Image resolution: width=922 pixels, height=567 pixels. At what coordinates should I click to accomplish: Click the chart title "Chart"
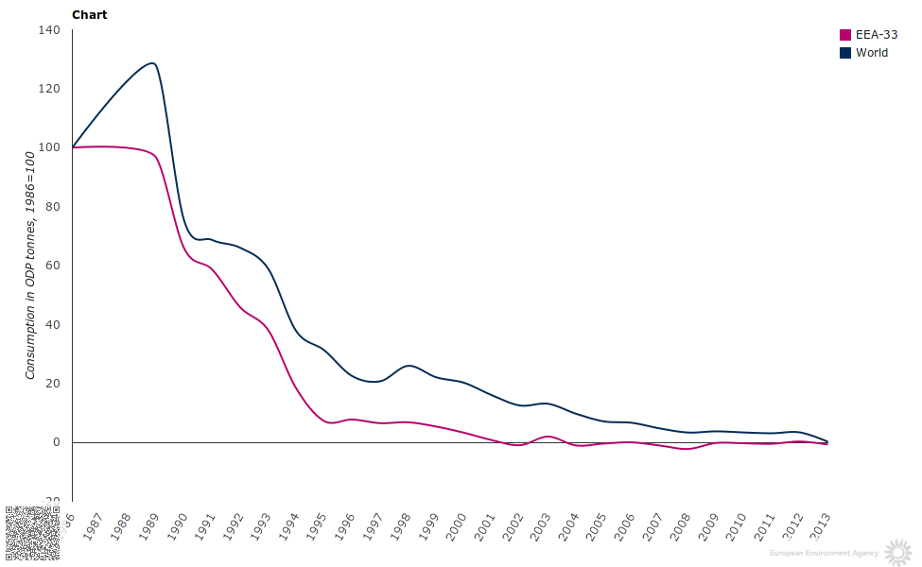[90, 15]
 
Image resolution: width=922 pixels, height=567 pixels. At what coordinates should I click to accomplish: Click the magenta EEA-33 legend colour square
[845, 35]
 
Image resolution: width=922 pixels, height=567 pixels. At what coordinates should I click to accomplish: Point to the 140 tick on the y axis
[49, 30]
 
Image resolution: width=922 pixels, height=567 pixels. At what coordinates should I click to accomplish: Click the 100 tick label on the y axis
[49, 147]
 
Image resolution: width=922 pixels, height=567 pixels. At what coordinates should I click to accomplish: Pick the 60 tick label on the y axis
[53, 266]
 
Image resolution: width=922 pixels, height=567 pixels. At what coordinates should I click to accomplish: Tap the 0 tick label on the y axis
[56, 442]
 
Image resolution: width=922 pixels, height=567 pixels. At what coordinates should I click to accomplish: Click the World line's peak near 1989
[152, 63]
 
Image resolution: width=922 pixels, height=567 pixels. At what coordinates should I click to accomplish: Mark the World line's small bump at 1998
[408, 365]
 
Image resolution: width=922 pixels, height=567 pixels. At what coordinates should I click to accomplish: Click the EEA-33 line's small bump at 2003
[548, 437]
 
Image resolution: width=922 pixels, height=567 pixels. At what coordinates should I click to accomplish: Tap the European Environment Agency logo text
[824, 553]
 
